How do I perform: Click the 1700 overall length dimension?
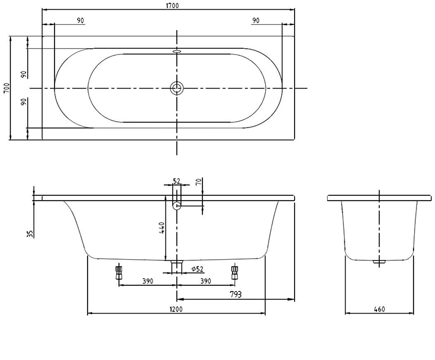172,5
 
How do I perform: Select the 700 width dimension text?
6,88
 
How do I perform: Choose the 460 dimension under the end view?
379,309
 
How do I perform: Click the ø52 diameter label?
197,268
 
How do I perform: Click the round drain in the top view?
177,88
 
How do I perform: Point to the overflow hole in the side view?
177,204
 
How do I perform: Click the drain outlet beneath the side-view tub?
177,266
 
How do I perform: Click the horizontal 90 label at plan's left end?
80,21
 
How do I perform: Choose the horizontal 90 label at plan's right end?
256,21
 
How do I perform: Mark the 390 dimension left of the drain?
148,281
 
